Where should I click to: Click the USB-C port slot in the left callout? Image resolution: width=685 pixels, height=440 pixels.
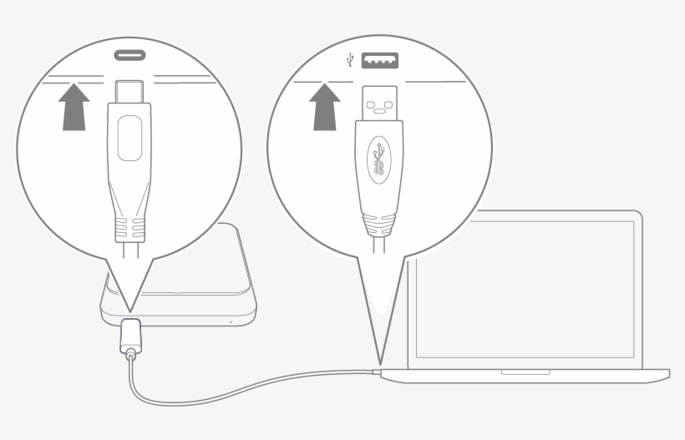click(x=129, y=55)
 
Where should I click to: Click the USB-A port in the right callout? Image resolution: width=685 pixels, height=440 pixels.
click(x=380, y=60)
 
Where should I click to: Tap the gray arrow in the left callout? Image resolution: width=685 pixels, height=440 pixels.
click(x=75, y=109)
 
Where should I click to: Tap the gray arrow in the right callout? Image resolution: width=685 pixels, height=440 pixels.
click(x=325, y=109)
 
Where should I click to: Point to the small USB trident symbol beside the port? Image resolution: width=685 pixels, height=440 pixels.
click(x=349, y=60)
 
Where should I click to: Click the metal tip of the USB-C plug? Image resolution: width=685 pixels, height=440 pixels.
click(x=129, y=89)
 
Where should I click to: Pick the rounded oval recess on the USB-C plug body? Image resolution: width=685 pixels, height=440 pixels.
click(x=129, y=138)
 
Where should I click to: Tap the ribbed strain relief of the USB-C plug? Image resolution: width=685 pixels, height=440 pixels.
click(x=129, y=226)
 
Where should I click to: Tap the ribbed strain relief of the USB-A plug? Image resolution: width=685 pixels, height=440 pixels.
click(x=380, y=224)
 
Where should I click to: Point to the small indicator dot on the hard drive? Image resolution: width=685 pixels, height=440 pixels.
click(x=229, y=321)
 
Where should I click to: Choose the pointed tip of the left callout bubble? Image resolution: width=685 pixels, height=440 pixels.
click(x=129, y=310)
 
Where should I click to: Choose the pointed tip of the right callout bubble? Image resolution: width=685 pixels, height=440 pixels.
click(x=378, y=364)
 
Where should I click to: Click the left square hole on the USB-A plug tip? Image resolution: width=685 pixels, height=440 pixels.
click(x=371, y=105)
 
